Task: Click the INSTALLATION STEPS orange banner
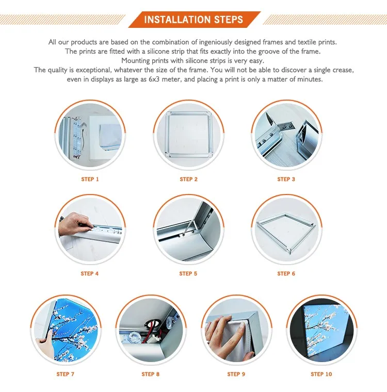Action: pos(193,20)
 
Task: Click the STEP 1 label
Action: pos(90,179)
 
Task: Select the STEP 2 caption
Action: pos(189,179)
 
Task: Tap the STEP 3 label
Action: pos(286,179)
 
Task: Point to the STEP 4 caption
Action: pos(90,273)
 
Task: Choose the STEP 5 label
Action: pos(188,273)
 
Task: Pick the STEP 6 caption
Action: pos(286,273)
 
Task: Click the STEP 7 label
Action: pos(66,374)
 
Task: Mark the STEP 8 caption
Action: pos(151,374)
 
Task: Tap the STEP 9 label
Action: pos(236,374)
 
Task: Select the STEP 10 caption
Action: pos(321,374)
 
